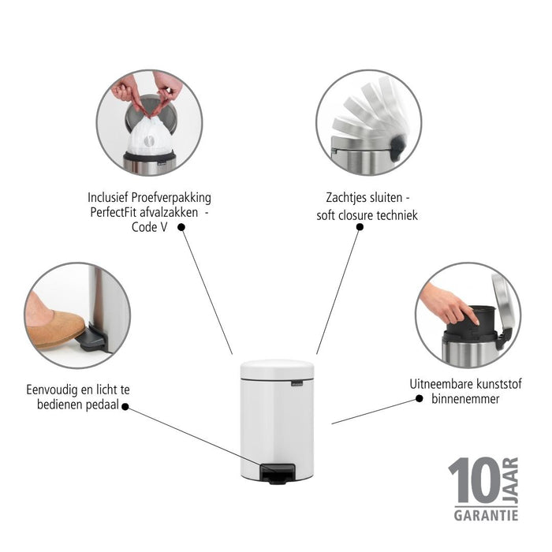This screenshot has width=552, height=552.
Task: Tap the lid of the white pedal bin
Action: click(x=277, y=368)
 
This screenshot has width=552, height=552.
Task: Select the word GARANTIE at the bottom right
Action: click(x=486, y=515)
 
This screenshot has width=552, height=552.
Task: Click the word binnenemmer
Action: click(x=465, y=399)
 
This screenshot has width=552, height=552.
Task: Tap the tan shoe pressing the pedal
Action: click(x=55, y=327)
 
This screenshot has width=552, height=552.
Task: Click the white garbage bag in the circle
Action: click(x=149, y=136)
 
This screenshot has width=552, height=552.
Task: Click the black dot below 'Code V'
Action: click(x=181, y=227)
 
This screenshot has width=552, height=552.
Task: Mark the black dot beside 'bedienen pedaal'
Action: click(x=125, y=408)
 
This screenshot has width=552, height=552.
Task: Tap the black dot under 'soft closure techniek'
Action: click(x=360, y=227)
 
